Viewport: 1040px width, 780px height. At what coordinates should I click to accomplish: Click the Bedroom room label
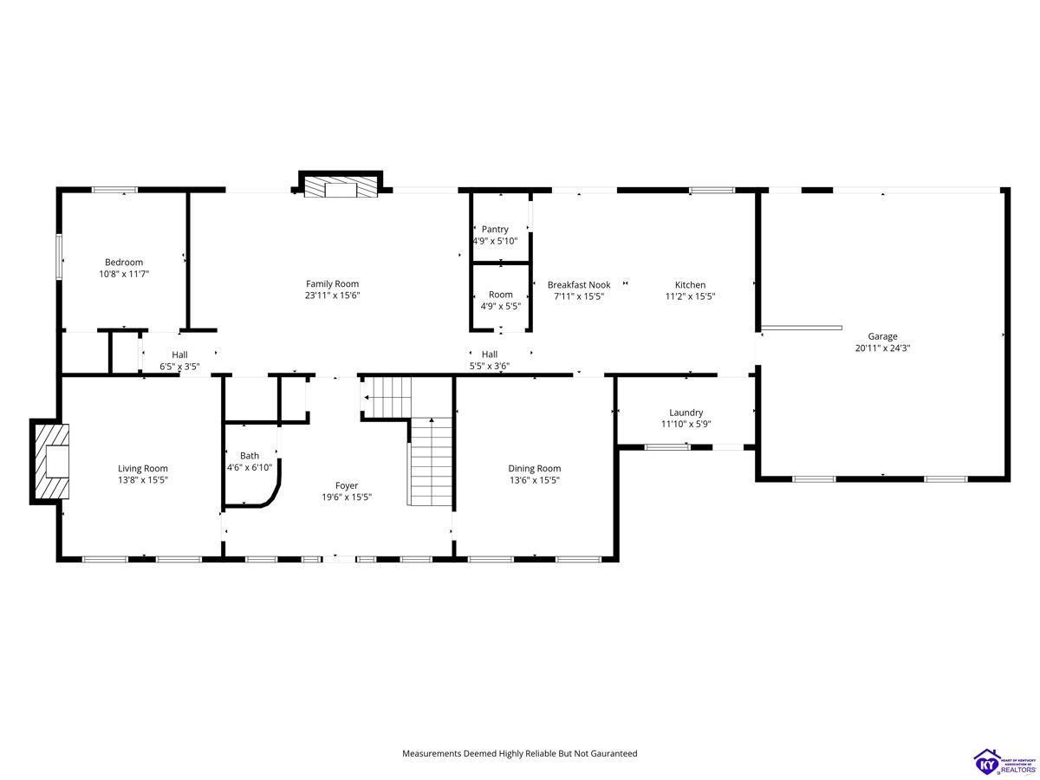click(x=124, y=262)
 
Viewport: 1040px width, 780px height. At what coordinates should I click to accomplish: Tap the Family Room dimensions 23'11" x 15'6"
click(x=332, y=296)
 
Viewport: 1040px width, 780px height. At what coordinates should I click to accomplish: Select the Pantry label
click(x=495, y=229)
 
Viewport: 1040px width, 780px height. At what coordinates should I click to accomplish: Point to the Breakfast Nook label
click(x=579, y=284)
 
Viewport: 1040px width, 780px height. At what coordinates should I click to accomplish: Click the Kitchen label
click(x=690, y=284)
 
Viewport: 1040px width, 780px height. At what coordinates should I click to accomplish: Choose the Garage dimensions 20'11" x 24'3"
click(x=882, y=348)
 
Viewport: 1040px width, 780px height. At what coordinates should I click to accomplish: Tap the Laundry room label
click(x=686, y=413)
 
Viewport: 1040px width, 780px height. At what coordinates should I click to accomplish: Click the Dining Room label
click(x=535, y=468)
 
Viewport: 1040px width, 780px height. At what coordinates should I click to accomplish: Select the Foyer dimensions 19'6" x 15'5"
click(x=347, y=497)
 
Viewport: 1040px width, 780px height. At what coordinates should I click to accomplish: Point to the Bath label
click(x=250, y=456)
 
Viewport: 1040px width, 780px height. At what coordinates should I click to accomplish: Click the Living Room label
click(x=143, y=468)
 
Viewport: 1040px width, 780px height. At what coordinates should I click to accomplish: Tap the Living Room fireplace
click(x=50, y=462)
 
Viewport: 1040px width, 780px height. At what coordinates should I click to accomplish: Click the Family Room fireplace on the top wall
click(x=341, y=185)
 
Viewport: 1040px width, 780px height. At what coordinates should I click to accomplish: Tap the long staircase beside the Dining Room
click(x=431, y=461)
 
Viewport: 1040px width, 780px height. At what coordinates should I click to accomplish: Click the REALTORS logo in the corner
click(x=1004, y=762)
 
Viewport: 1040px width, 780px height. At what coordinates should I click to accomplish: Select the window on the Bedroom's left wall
click(x=59, y=256)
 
